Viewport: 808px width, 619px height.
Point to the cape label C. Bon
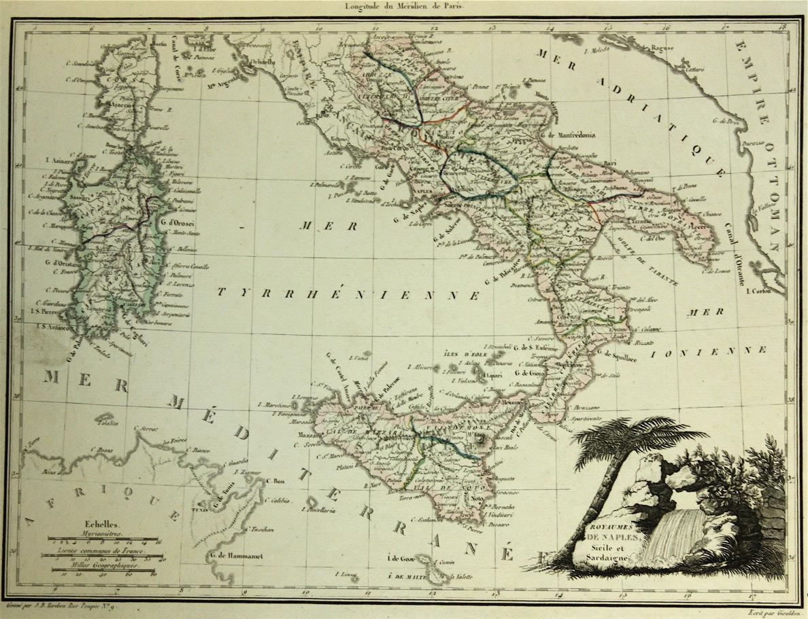click(x=275, y=482)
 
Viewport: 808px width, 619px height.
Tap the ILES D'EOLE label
click(x=465, y=353)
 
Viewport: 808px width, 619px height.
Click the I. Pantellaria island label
click(x=316, y=507)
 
